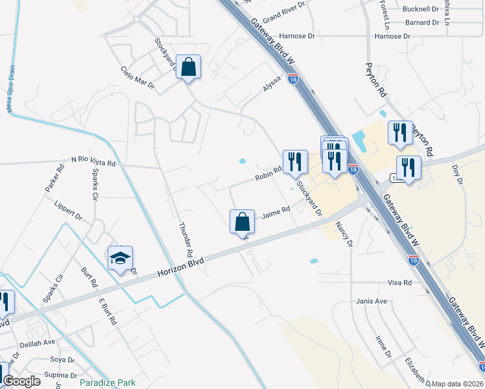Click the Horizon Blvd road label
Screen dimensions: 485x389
[180, 267]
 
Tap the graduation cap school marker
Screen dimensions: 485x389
[121, 259]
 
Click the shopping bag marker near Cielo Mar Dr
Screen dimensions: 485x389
[188, 67]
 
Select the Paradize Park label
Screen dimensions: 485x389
[108, 383]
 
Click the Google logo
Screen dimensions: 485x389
[21, 381]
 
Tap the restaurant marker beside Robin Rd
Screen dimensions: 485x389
[295, 162]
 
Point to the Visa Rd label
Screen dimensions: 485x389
[399, 283]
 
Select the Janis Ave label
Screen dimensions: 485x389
[372, 301]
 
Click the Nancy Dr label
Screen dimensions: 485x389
[344, 234]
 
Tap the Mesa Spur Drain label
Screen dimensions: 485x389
[11, 89]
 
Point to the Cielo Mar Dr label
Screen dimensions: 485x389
[137, 77]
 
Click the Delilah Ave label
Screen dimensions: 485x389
[38, 342]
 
